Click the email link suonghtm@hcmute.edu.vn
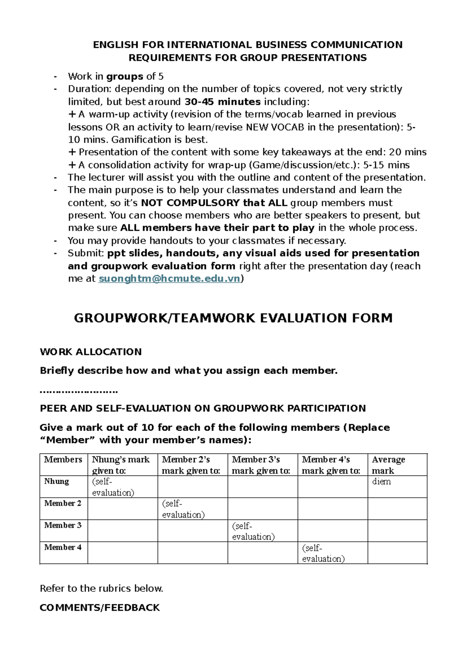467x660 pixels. click(169, 279)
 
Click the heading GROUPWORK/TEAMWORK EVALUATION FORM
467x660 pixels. click(233, 318)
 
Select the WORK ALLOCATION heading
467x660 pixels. click(91, 352)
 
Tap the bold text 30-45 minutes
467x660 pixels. click(222, 102)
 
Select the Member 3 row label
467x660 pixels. click(63, 525)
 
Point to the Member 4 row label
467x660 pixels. click(63, 547)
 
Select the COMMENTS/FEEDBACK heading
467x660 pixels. click(100, 607)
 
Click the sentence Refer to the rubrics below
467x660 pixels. click(101, 588)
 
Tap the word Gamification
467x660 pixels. click(141, 140)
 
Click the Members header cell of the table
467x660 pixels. click(63, 460)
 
